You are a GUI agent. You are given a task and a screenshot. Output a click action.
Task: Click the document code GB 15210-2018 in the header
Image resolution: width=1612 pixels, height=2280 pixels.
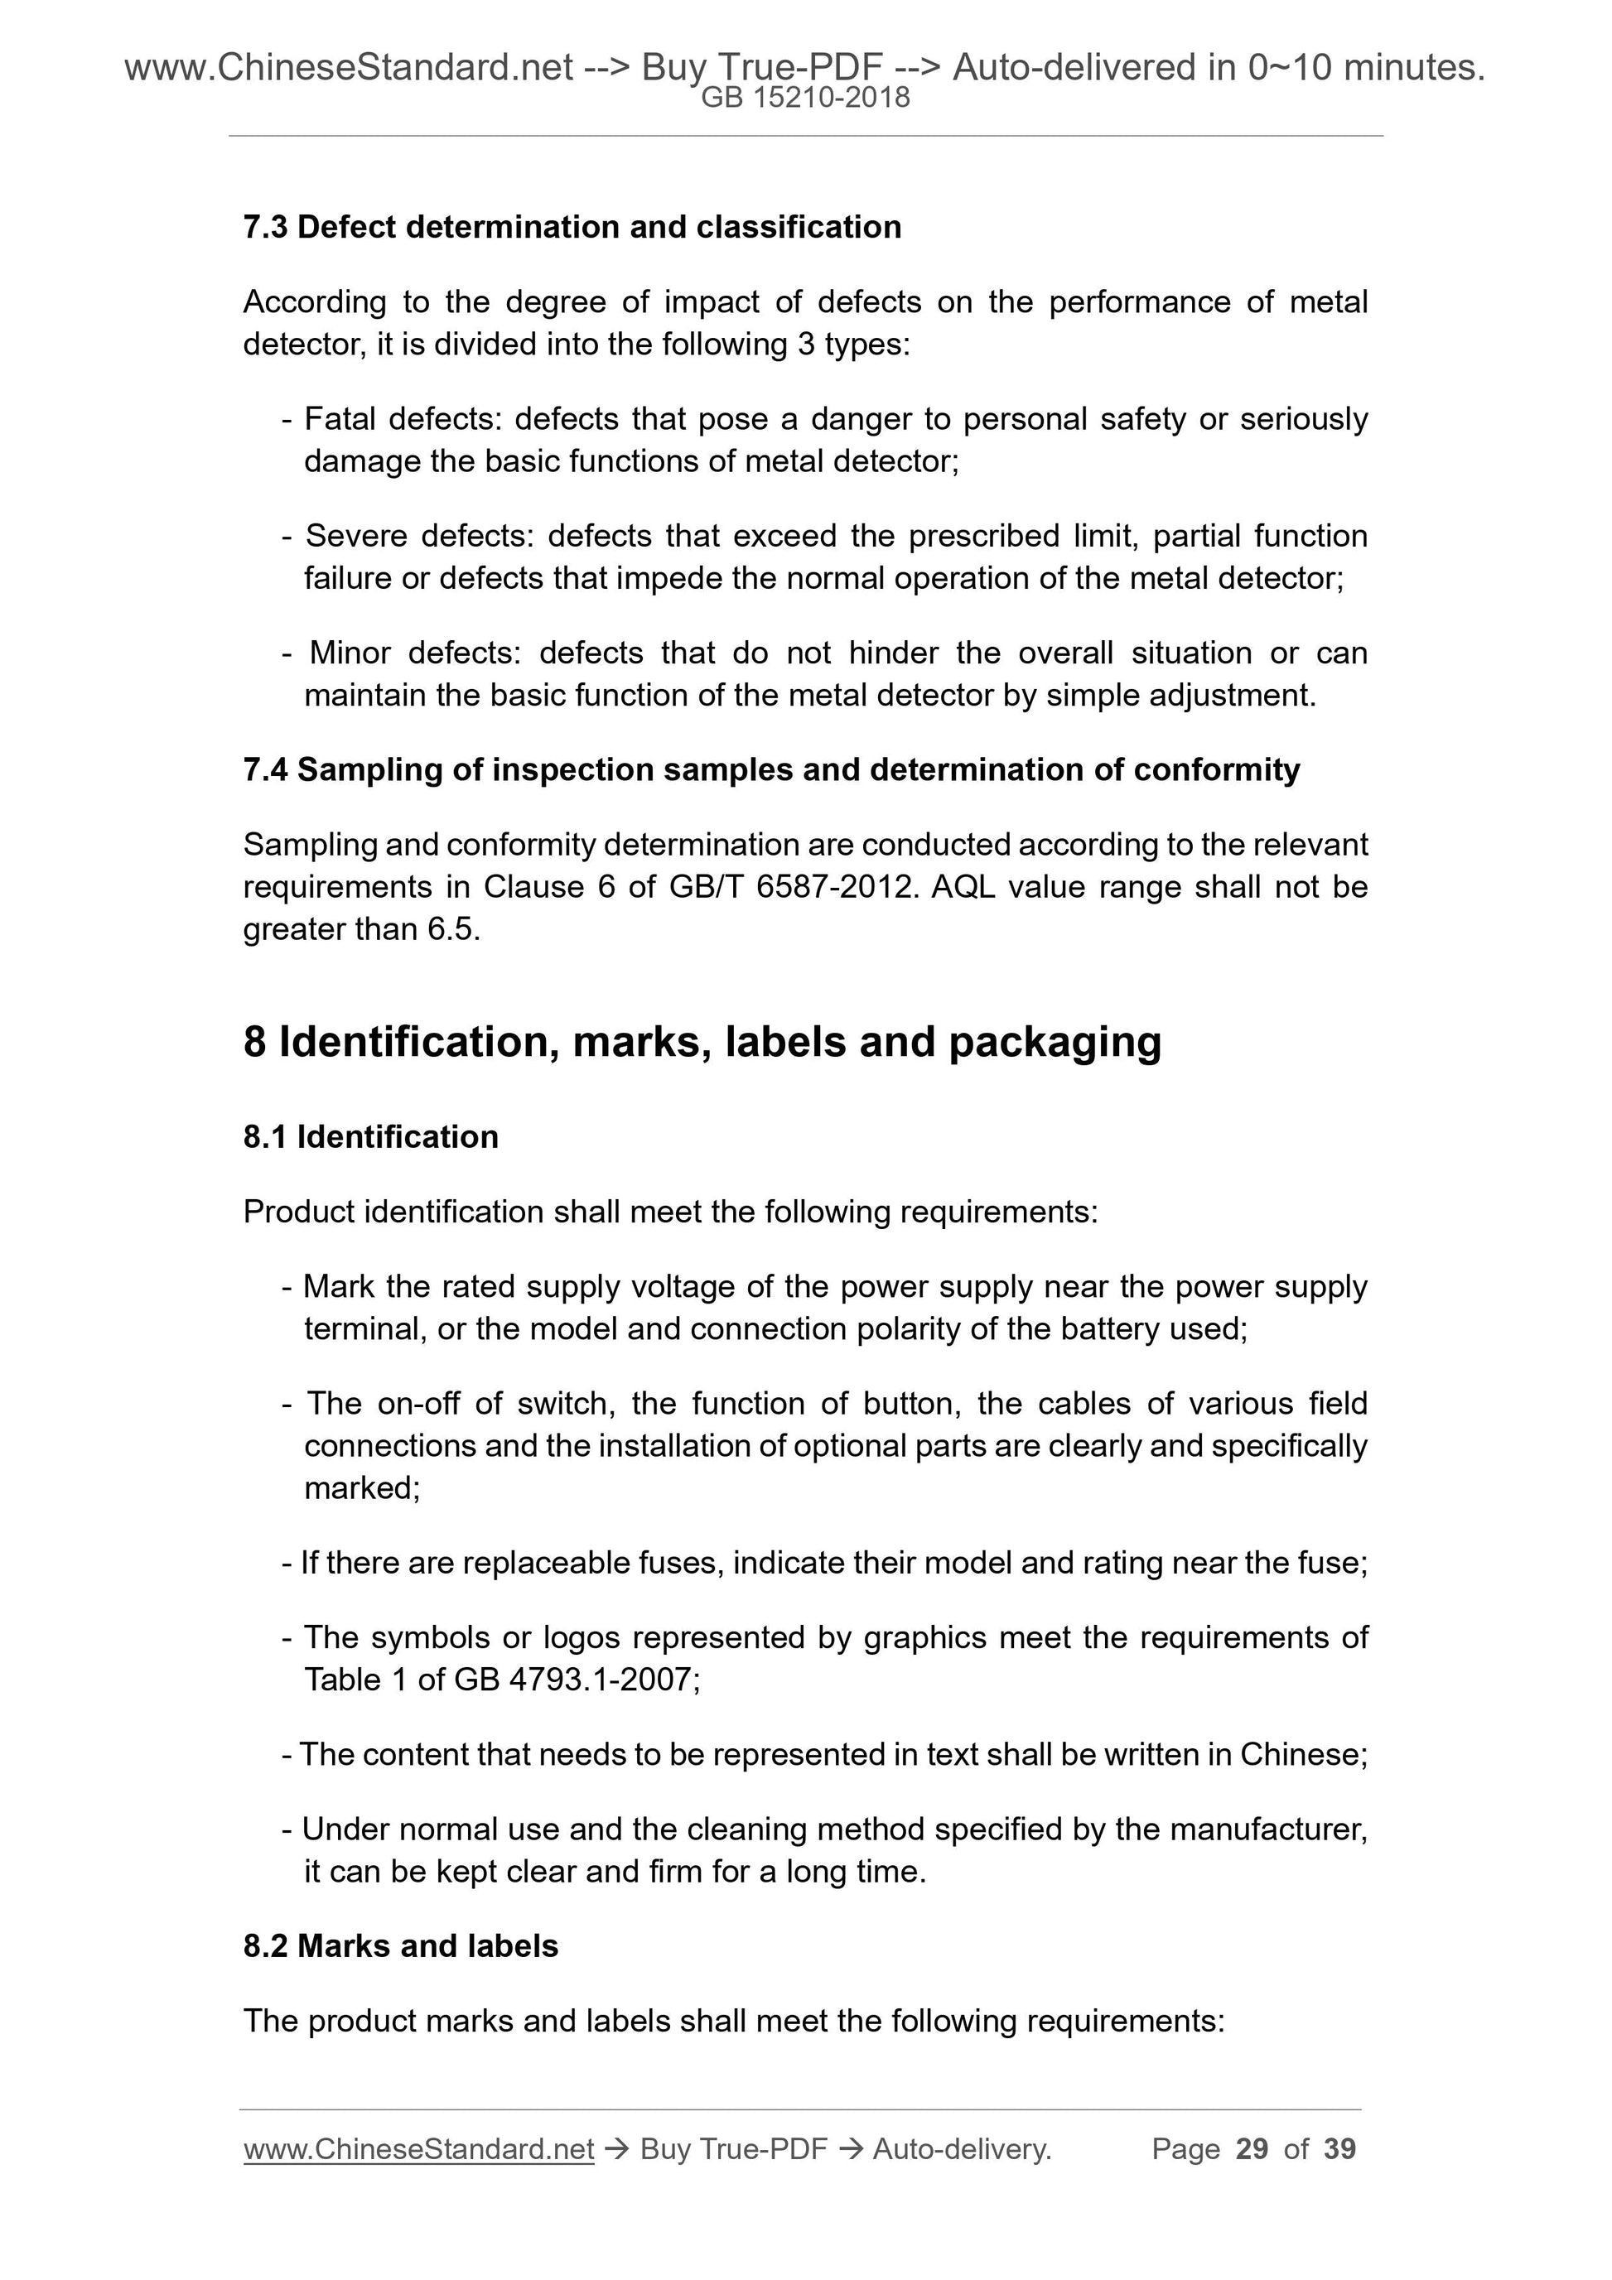805,98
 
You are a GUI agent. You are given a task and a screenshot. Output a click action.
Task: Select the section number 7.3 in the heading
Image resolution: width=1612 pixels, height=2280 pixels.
264,228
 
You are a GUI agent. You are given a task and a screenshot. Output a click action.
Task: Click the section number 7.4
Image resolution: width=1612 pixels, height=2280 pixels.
264,769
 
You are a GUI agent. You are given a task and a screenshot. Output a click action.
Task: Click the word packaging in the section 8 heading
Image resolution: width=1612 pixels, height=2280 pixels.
1055,1042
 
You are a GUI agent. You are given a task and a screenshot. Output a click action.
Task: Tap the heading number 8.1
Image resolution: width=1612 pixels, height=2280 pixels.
264,1137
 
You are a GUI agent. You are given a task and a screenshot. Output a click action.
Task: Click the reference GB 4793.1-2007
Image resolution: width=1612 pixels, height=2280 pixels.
576,1680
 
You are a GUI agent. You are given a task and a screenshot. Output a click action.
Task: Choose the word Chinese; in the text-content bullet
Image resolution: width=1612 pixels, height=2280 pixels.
1303,1755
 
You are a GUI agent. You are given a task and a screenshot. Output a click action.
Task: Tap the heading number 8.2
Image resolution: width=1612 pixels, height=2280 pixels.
264,1946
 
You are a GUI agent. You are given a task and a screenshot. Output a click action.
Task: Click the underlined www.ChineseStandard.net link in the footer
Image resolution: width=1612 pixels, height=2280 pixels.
418,2149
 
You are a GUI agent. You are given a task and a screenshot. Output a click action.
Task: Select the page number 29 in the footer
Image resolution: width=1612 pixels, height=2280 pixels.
1252,2149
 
